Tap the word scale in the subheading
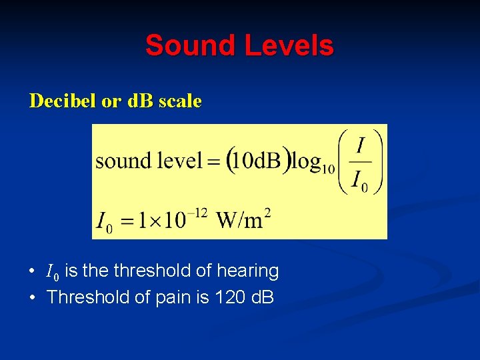pyautogui.click(x=179, y=101)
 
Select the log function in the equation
pyautogui.click(x=311, y=161)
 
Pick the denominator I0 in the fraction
pyautogui.click(x=361, y=180)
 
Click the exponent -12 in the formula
pyautogui.click(x=197, y=213)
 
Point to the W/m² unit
pyautogui.click(x=244, y=218)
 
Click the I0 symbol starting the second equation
pyautogui.click(x=104, y=221)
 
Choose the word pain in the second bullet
pyautogui.click(x=176, y=297)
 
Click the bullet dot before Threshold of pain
pyautogui.click(x=32, y=297)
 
